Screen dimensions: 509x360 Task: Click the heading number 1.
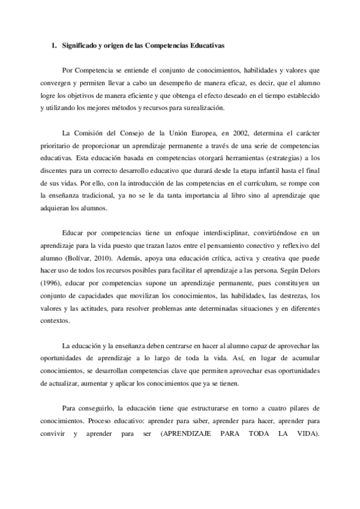coord(53,45)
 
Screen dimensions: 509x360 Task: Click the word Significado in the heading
coord(79,45)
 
